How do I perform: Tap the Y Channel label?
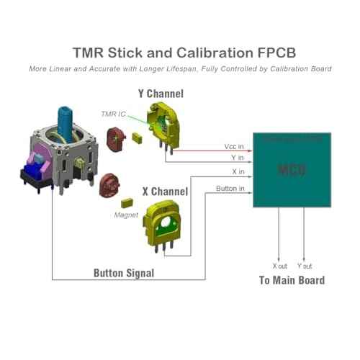(x=160, y=94)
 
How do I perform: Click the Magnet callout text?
(x=126, y=215)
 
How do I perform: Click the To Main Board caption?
(x=291, y=280)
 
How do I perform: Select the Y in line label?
(x=238, y=158)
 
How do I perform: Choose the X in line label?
(x=238, y=173)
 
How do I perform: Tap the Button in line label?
(x=230, y=189)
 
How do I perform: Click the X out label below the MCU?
(x=279, y=266)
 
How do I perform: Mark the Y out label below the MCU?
(x=305, y=266)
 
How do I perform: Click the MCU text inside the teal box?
(x=292, y=170)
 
